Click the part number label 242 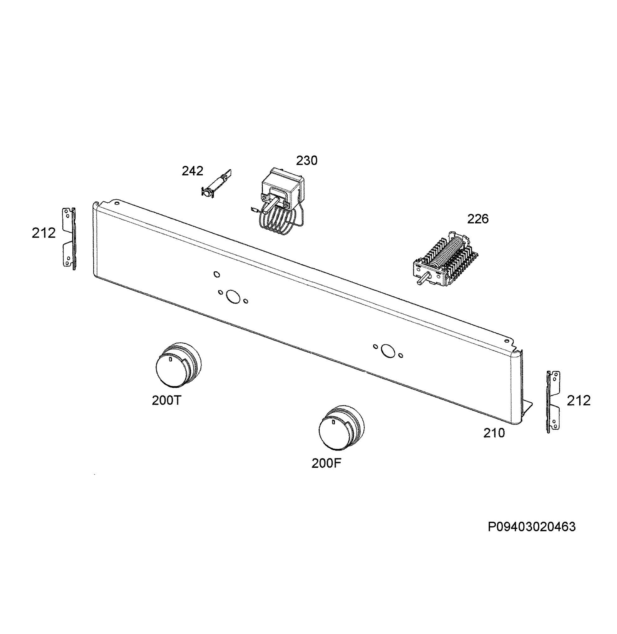coord(193,171)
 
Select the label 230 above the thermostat coord(307,161)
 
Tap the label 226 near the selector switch coord(478,219)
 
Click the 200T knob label coord(167,401)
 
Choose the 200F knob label coord(326,463)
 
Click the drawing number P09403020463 coord(532,527)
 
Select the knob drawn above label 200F coord(341,427)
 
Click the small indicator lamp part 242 coord(216,183)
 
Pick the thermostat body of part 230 coord(283,189)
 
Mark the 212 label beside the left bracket coord(44,233)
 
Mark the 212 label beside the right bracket coord(579,401)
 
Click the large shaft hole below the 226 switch coord(388,351)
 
